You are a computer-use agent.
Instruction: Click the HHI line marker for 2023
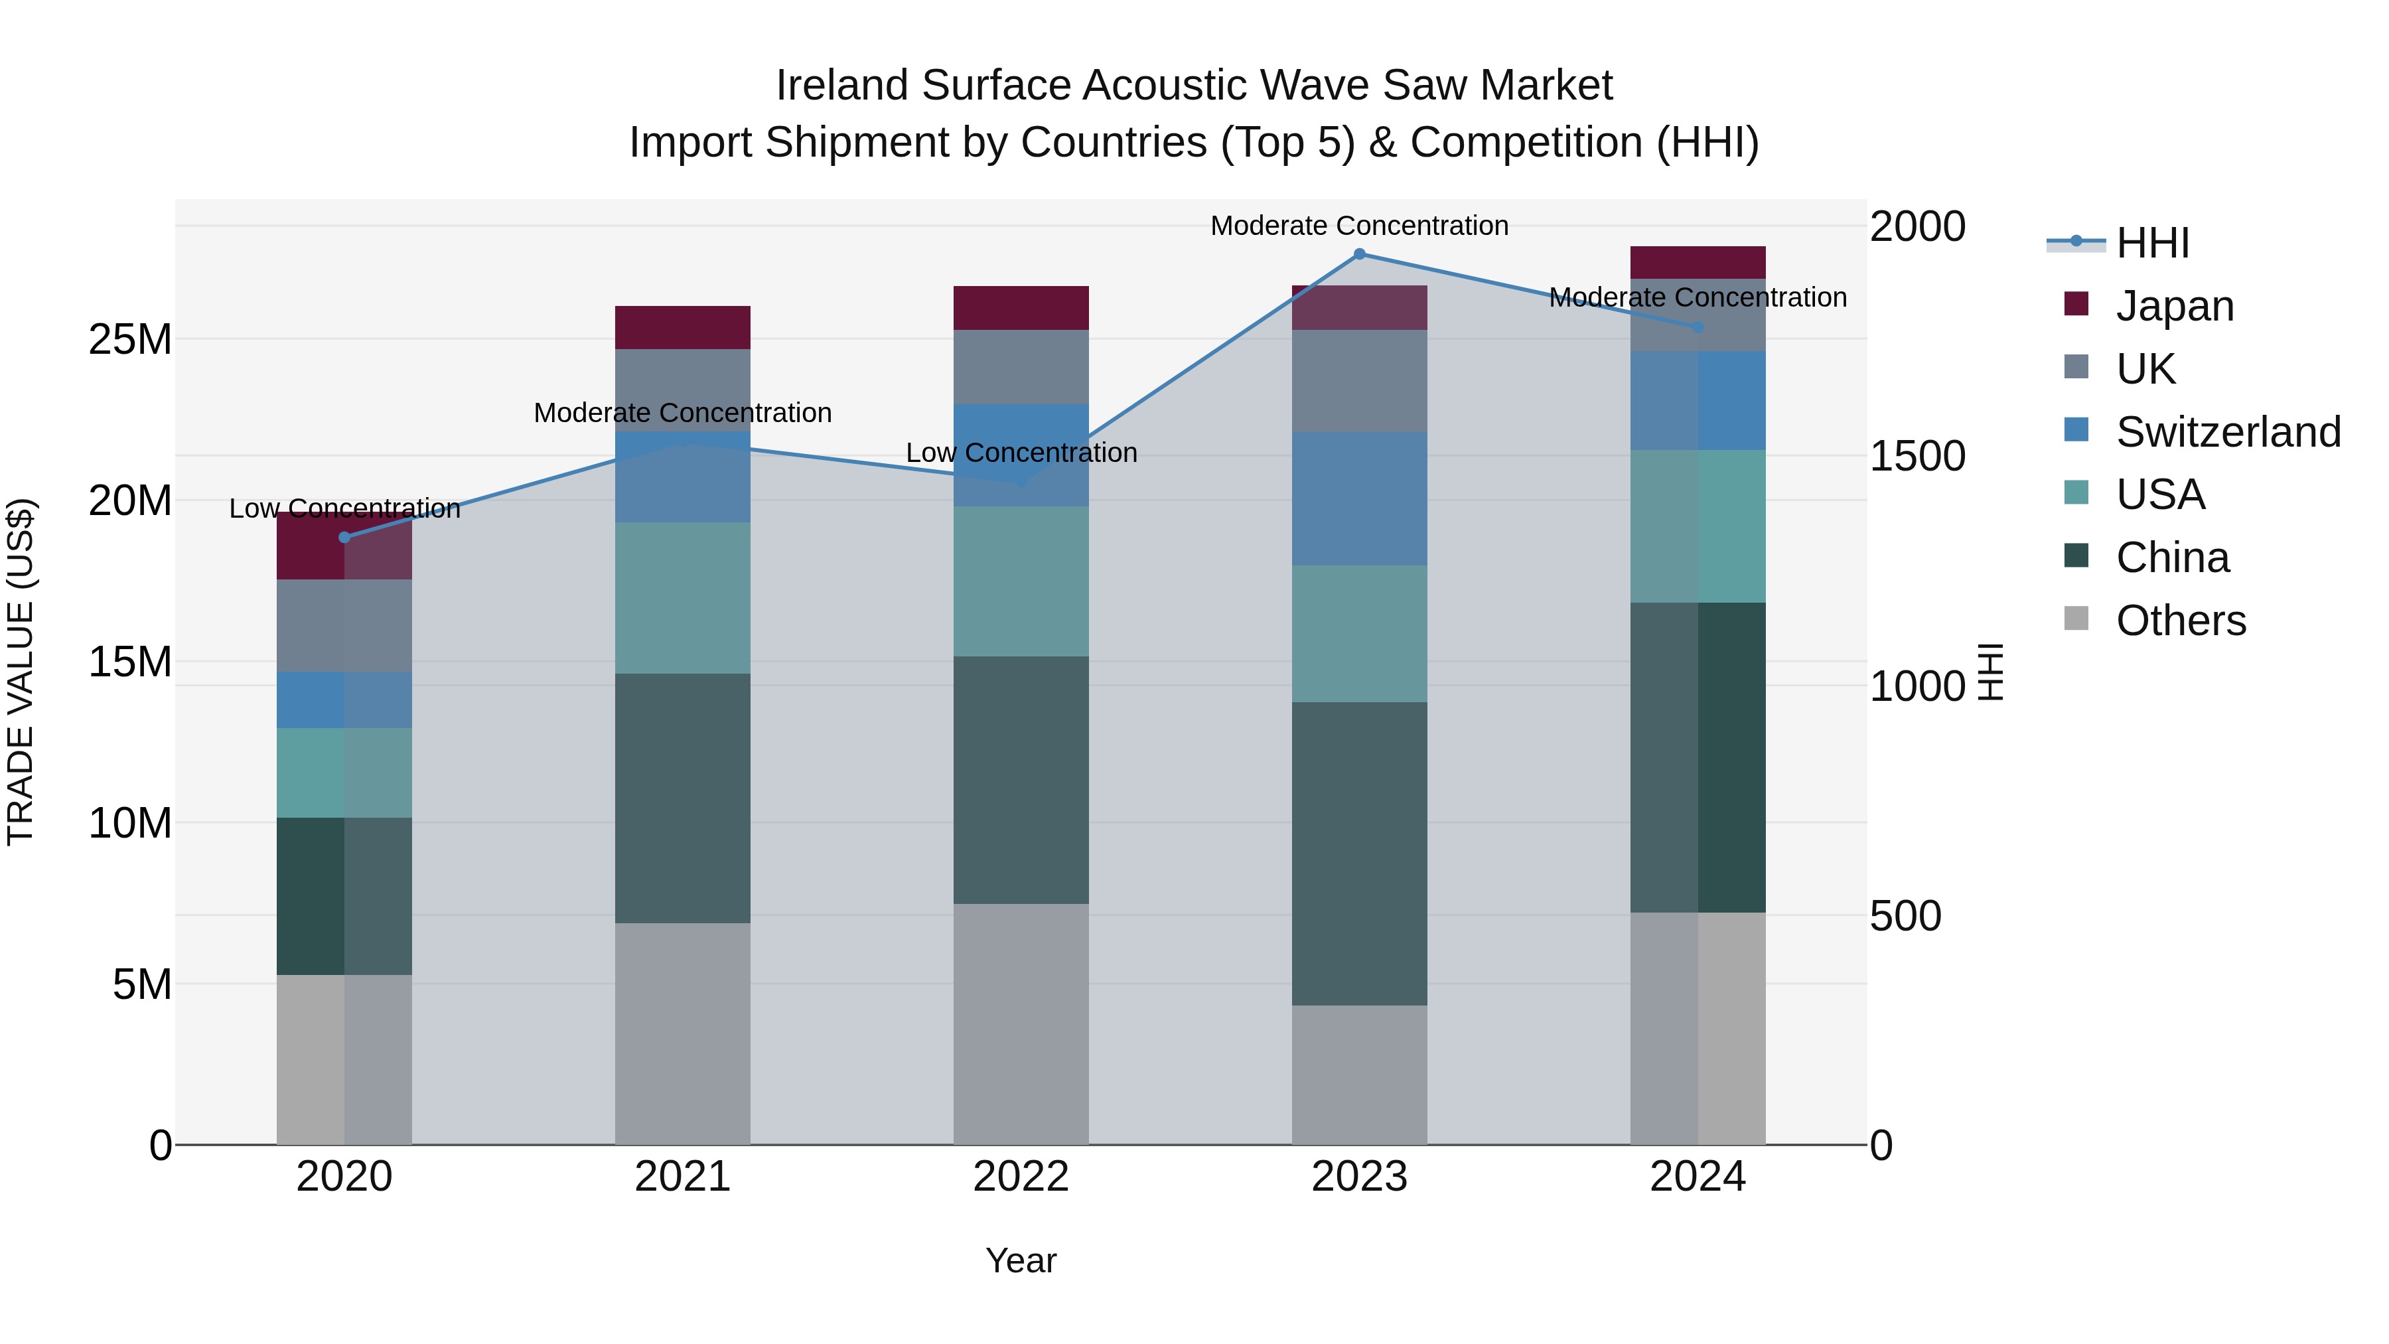pos(1360,254)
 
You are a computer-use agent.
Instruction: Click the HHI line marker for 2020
pos(344,537)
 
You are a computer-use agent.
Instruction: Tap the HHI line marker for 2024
pos(1698,327)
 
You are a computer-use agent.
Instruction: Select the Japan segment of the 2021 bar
pos(683,327)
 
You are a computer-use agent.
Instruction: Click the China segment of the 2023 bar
pos(1360,854)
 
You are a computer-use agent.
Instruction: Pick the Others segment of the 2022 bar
pos(1021,1024)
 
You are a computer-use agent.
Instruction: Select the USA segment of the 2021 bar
pos(683,597)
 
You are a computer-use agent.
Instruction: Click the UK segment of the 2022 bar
pos(1021,366)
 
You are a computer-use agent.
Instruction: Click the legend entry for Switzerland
pos(2228,432)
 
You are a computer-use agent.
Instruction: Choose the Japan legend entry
pos(2174,306)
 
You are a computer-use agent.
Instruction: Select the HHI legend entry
pos(2151,243)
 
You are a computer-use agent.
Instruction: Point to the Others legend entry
pos(2181,621)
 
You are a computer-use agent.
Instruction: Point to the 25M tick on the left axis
pos(130,339)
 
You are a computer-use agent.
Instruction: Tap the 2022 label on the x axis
pos(1021,1177)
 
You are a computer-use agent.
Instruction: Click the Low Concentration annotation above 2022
pos(1021,453)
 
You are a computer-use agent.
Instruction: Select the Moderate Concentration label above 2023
pos(1360,226)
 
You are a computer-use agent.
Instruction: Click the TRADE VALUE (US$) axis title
pos(21,672)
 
